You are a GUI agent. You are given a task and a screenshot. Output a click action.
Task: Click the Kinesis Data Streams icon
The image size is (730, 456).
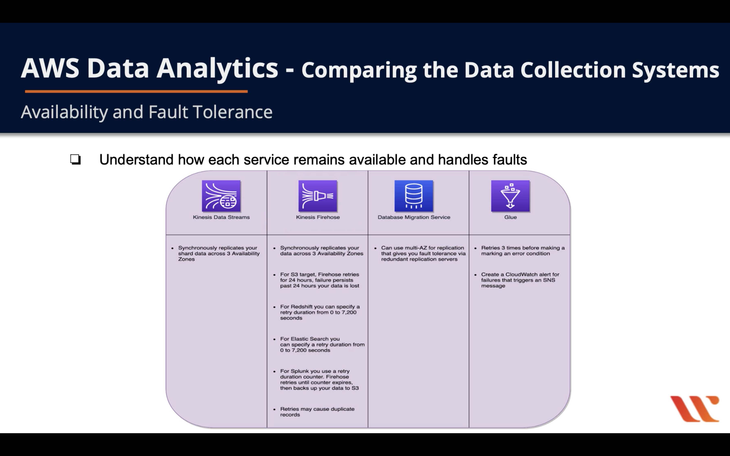coord(221,196)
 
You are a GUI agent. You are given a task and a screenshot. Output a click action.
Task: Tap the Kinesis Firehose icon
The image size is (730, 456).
coord(318,196)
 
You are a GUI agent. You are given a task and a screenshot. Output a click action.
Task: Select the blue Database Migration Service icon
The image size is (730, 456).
coord(413,196)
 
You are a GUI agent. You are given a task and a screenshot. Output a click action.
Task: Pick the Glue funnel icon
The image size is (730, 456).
coord(510,196)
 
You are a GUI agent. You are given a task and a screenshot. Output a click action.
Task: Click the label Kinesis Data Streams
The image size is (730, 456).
coord(221,217)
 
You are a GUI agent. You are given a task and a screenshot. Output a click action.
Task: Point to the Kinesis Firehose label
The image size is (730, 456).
coord(318,217)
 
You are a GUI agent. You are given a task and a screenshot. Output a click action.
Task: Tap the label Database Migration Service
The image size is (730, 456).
coord(413,217)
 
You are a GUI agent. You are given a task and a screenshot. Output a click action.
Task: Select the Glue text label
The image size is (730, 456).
coord(510,217)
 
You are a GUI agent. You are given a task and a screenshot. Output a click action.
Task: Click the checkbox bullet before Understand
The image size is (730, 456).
coord(75,159)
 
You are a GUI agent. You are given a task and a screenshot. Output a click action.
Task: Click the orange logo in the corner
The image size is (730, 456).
coord(695,408)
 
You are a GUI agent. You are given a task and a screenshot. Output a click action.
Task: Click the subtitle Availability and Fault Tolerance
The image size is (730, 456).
coord(147,112)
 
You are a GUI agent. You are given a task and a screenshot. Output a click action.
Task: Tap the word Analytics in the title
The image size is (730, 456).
coord(217,69)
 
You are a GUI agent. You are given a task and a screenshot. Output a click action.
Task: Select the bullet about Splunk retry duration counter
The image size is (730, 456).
coord(319,379)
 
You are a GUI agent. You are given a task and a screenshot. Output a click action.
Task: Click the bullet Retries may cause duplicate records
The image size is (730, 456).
coord(317,412)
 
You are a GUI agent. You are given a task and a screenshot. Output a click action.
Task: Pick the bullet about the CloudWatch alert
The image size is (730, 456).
coord(520,280)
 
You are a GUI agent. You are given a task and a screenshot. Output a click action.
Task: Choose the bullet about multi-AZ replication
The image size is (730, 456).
coord(423,253)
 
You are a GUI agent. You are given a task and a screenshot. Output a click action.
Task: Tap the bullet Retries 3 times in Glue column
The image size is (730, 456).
coord(522,251)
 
